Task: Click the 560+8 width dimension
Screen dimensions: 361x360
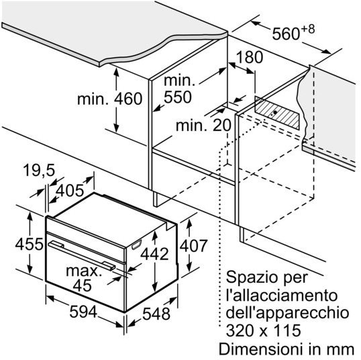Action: (x=293, y=33)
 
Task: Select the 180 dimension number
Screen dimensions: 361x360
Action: (x=250, y=57)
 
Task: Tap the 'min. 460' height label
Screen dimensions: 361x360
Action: (x=109, y=99)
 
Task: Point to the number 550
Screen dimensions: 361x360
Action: (x=178, y=97)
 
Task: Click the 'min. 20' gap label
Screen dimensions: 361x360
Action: (x=203, y=126)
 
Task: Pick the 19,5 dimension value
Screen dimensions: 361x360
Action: (x=39, y=171)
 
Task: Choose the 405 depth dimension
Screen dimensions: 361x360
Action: (x=70, y=191)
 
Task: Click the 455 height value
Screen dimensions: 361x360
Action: (x=30, y=244)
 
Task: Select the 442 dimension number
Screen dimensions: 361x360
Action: (x=154, y=254)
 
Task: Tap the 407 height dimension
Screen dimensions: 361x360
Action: (x=194, y=246)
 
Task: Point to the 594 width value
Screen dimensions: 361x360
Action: (x=83, y=312)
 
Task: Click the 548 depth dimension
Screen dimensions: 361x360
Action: (x=156, y=314)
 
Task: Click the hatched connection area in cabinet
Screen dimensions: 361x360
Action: (x=277, y=113)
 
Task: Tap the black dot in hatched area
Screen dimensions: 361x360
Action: (x=275, y=112)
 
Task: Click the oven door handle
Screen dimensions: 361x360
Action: (x=82, y=255)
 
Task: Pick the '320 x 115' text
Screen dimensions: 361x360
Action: (x=264, y=330)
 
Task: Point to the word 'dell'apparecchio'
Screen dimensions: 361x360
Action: (x=287, y=314)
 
